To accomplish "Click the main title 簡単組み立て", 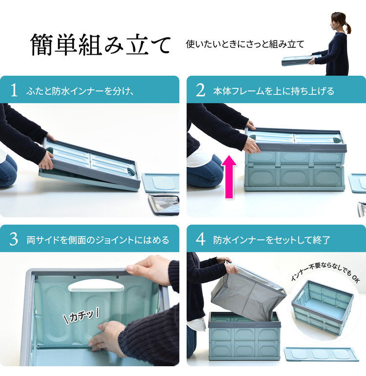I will click(x=100, y=45).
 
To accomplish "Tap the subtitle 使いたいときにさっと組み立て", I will click(x=244, y=44).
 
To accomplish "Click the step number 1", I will click(x=14, y=90).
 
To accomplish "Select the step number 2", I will click(x=200, y=90).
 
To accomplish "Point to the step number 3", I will click(x=14, y=240).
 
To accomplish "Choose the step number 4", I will click(x=200, y=240).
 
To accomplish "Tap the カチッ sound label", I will click(x=81, y=316).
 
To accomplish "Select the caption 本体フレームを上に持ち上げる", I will click(x=273, y=91).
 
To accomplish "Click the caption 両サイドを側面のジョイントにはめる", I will click(x=98, y=240).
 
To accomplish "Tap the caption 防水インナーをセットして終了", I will click(x=271, y=240).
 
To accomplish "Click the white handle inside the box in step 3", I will click(x=96, y=285).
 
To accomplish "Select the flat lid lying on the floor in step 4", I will click(x=321, y=354).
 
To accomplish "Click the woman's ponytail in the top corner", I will click(x=347, y=26).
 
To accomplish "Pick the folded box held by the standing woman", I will click(x=297, y=60).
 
